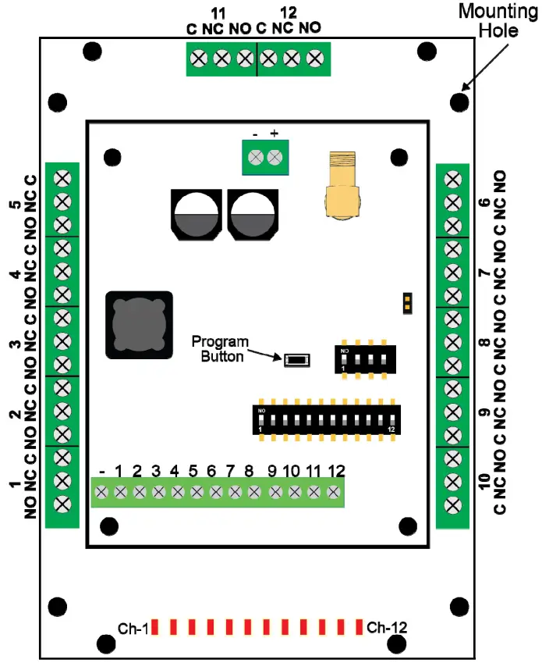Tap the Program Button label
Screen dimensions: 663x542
tap(220, 349)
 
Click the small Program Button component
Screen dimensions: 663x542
tap(297, 360)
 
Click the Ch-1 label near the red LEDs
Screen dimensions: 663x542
tap(133, 627)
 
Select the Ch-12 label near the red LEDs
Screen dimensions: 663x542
tap(387, 627)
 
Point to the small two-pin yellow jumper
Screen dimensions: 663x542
tap(406, 303)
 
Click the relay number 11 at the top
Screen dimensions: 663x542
tap(219, 13)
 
